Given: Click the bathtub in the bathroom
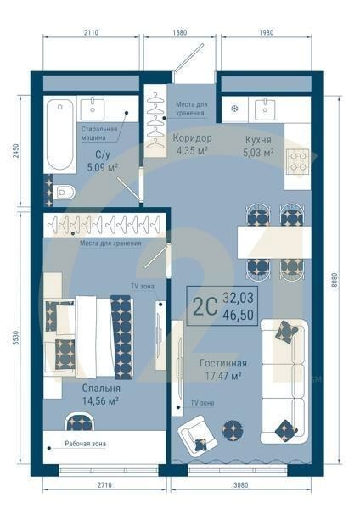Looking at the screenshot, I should pos(60,134).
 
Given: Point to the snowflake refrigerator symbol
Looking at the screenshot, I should pos(235,109).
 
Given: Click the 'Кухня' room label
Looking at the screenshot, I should pos(258,137).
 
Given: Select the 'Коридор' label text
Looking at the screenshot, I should pos(192,137).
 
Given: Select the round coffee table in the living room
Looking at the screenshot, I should pos(232,430).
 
